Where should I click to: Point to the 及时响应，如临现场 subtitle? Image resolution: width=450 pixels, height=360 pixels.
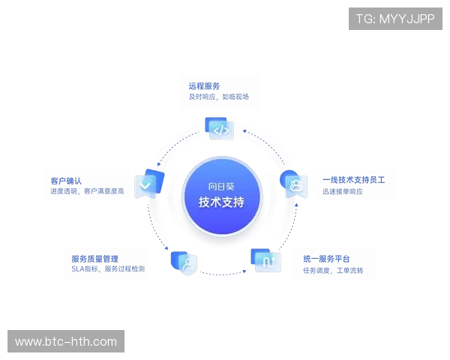217,97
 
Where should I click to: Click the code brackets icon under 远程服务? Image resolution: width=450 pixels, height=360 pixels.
220,129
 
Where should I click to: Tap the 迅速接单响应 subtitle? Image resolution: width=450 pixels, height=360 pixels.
343,192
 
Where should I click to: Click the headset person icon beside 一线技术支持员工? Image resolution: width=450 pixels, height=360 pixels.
293,182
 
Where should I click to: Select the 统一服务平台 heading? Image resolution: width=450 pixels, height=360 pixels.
326,259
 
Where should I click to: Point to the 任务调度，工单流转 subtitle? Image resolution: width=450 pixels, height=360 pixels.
332,270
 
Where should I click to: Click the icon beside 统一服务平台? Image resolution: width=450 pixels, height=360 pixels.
264,260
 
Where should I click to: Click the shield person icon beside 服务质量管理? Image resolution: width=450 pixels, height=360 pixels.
184,262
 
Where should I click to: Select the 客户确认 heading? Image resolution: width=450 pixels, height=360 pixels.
66,180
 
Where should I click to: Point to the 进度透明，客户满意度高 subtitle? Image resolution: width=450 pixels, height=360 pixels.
87,191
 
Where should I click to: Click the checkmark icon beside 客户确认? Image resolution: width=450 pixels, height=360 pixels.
145,184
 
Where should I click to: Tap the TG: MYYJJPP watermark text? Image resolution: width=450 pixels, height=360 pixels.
395,19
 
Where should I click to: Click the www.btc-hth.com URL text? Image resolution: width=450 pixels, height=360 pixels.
66,342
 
